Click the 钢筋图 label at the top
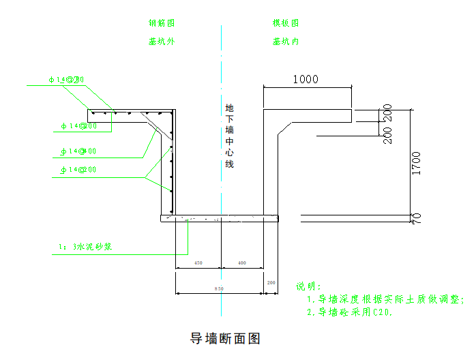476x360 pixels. pos(162,23)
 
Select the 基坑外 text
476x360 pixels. pos(162,42)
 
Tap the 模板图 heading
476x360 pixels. pos(286,23)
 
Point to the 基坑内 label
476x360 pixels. pos(286,42)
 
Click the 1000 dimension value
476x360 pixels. pos(306,79)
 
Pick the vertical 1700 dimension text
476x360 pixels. pos(416,164)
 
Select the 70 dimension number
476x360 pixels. pos(416,218)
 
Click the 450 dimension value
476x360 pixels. pos(198,263)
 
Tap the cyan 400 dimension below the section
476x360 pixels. pos(242,263)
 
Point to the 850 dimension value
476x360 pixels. pos(219,289)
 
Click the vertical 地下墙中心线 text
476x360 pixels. pos(229,136)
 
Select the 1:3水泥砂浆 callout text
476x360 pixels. pos(82,246)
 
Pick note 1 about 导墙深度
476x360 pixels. pos(385,299)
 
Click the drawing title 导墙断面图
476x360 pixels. pos(225,338)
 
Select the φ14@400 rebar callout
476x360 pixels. pos(78,151)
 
